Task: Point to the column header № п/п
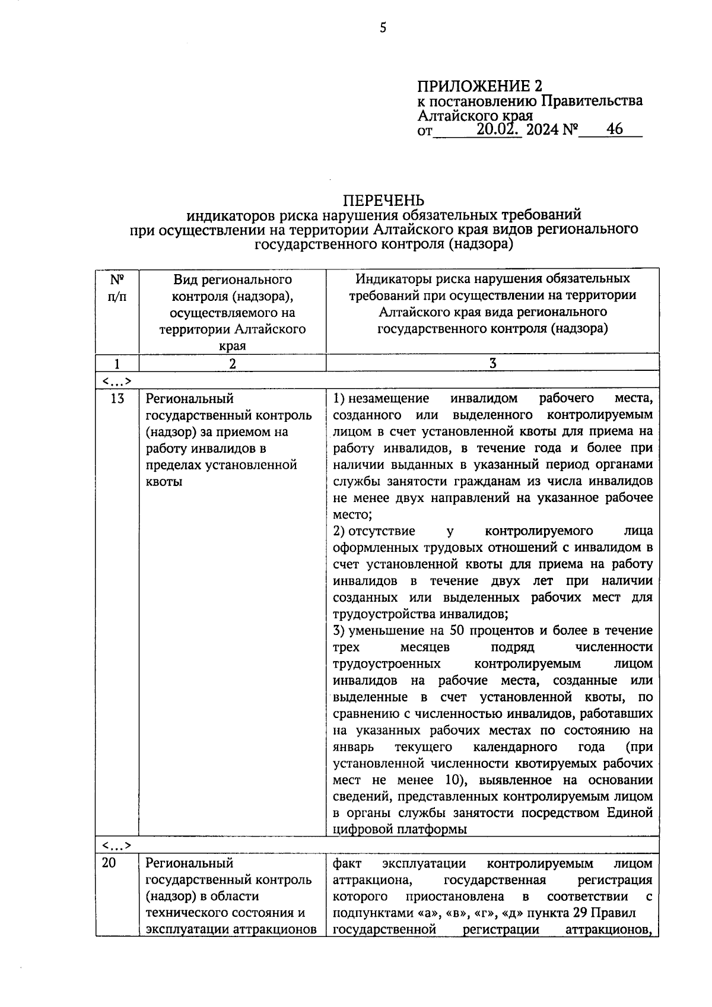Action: pos(117,287)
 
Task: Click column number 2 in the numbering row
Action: pos(233,364)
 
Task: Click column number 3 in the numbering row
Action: pos(492,364)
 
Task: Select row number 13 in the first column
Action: pos(117,398)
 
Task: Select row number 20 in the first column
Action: pos(109,863)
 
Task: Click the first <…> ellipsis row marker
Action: pos(116,380)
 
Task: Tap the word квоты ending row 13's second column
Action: pos(164,481)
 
